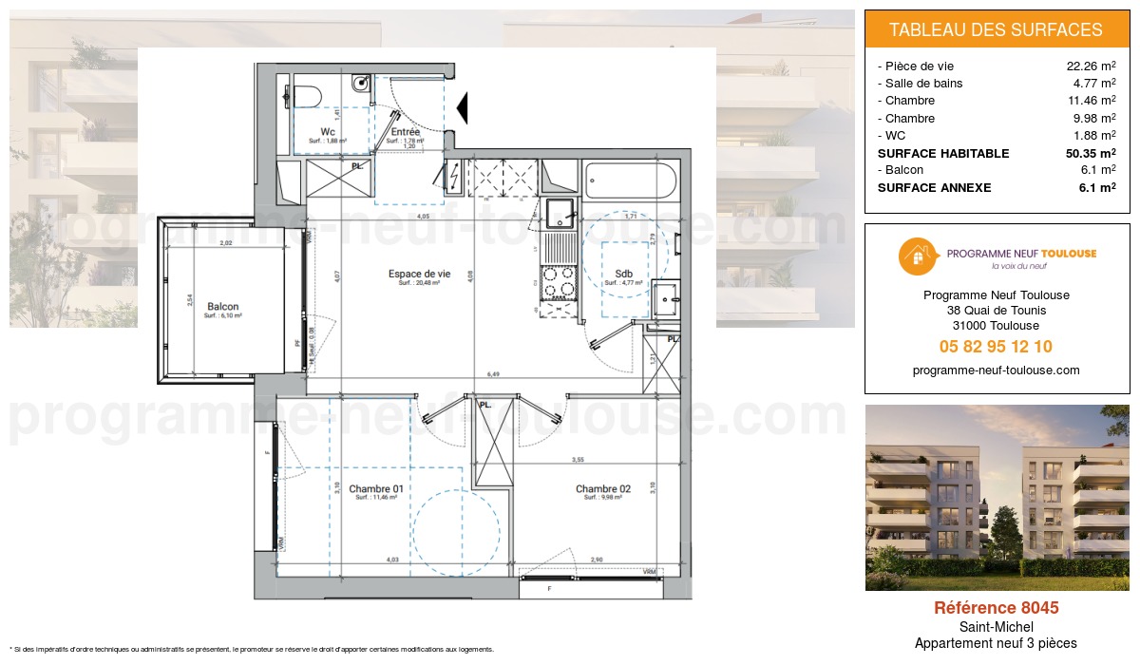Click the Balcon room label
pyautogui.click(x=222, y=307)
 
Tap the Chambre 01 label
pyautogui.click(x=376, y=489)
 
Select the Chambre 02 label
pyautogui.click(x=602, y=489)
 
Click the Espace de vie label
pyautogui.click(x=419, y=274)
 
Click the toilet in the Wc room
pyautogui.click(x=306, y=95)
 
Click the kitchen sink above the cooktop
pyautogui.click(x=560, y=217)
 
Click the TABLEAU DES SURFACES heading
pyautogui.click(x=996, y=29)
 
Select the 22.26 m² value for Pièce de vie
pyautogui.click(x=1091, y=66)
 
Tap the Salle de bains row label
pyautogui.click(x=923, y=84)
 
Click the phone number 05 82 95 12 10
pyautogui.click(x=996, y=347)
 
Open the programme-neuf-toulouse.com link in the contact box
pyautogui.click(x=996, y=370)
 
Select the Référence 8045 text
pyautogui.click(x=996, y=608)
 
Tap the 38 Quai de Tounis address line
pyautogui.click(x=996, y=311)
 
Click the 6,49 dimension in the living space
pyautogui.click(x=493, y=374)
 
